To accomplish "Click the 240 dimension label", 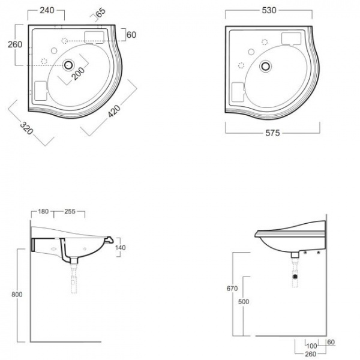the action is coord(47,10).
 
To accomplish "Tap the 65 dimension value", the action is coord(101,13).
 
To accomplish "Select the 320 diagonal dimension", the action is coord(26,128).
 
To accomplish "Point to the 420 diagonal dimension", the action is coord(114,112).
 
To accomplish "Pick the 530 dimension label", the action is coord(269,10).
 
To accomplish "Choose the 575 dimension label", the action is coord(273,133).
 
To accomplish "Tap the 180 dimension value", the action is coord(43,211).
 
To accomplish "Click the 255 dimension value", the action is coord(70,211).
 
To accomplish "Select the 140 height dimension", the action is coord(121,247).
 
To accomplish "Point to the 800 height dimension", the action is coord(17,295).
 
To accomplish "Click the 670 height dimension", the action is coord(232,289).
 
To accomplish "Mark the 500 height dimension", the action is coord(244,302).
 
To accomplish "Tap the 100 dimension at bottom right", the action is coord(311,346).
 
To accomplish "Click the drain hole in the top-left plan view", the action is coord(68,65).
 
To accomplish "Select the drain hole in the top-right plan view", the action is coord(266,66).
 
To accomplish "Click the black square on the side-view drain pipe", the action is coord(295,277).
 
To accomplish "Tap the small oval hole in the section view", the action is coord(54,249).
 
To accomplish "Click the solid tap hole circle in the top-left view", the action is coord(54,50).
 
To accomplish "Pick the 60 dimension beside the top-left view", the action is coord(131,35).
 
